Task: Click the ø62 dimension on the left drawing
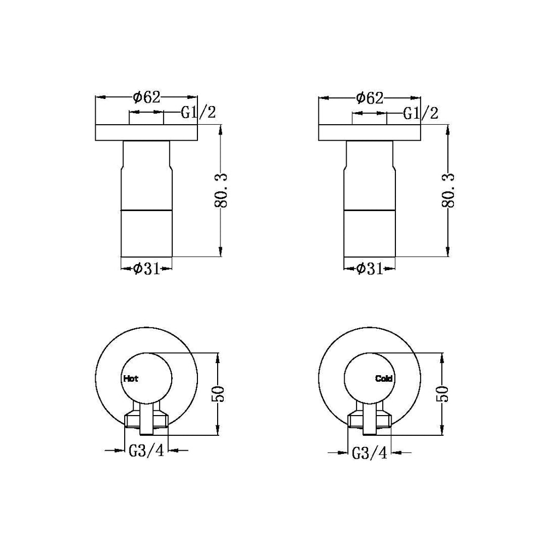point(147,98)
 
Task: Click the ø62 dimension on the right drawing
point(369,98)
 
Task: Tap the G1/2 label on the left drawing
point(199,113)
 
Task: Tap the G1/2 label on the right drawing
point(421,114)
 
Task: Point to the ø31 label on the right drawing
point(369,269)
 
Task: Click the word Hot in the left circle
point(131,378)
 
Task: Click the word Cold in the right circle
point(384,378)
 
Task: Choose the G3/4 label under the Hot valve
point(146,452)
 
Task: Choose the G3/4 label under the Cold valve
point(369,453)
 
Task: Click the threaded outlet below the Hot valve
point(147,420)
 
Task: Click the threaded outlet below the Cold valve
point(370,420)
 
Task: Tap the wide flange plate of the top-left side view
point(147,133)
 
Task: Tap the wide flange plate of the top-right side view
point(369,133)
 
